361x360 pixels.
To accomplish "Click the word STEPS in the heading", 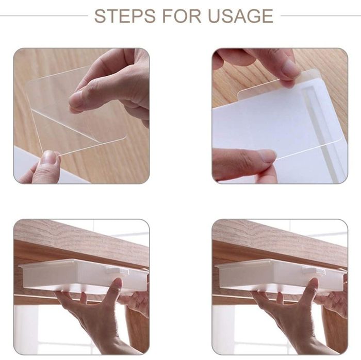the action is coord(125,16).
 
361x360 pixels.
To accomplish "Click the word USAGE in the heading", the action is coord(240,16).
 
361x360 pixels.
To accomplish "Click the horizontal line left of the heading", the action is coord(44,16).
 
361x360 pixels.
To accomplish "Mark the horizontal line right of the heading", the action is coord(321,16).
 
